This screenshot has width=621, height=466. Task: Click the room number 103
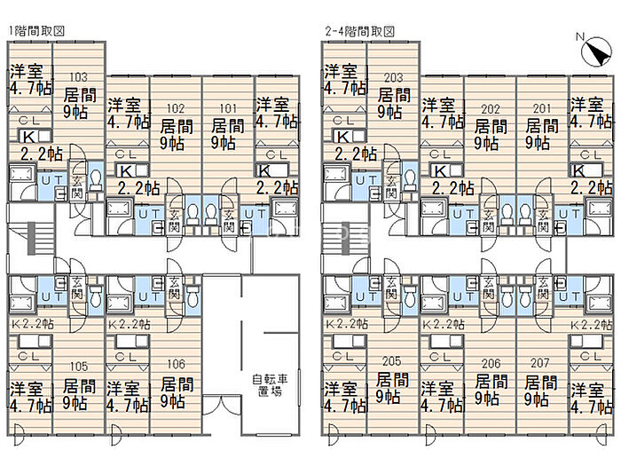78,77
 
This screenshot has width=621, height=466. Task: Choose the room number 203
390,77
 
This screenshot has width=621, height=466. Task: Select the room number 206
485,364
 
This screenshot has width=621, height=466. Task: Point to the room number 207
535,364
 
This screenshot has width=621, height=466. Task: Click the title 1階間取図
36,31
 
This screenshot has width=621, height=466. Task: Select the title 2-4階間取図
359,31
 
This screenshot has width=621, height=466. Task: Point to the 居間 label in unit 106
177,384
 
